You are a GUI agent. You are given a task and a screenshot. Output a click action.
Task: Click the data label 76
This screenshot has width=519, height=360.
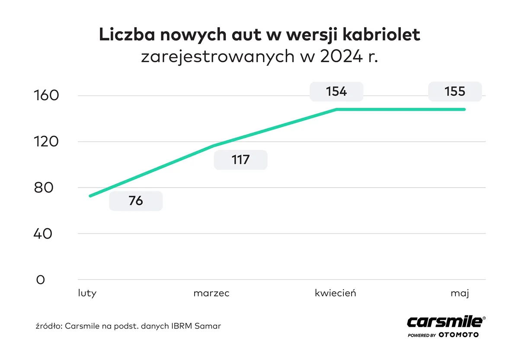(135, 201)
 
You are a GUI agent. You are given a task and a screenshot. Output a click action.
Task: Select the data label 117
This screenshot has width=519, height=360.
(240, 159)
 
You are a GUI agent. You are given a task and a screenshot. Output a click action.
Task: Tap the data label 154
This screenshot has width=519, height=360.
(336, 92)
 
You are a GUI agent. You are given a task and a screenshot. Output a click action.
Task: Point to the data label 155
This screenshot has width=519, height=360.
(455, 92)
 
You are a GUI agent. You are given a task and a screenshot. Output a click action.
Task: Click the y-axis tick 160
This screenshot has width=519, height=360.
(46, 96)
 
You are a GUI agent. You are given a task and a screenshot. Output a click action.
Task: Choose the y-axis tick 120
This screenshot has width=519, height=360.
(46, 142)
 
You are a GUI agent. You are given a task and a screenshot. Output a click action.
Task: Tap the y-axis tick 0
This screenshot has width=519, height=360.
(40, 280)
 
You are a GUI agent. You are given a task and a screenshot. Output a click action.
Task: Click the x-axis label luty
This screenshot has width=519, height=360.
(87, 293)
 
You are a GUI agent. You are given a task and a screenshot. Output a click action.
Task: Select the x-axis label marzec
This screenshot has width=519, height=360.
(211, 293)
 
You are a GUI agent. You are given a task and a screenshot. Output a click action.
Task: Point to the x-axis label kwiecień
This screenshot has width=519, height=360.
(335, 293)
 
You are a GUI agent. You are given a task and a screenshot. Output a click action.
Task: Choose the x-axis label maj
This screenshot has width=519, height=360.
(459, 293)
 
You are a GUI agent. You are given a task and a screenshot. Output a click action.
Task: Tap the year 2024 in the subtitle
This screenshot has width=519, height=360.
(342, 57)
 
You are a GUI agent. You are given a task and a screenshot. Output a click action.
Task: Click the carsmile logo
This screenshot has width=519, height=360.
(445, 322)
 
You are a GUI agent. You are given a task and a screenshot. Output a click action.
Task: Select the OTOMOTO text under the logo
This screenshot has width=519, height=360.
(458, 335)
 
